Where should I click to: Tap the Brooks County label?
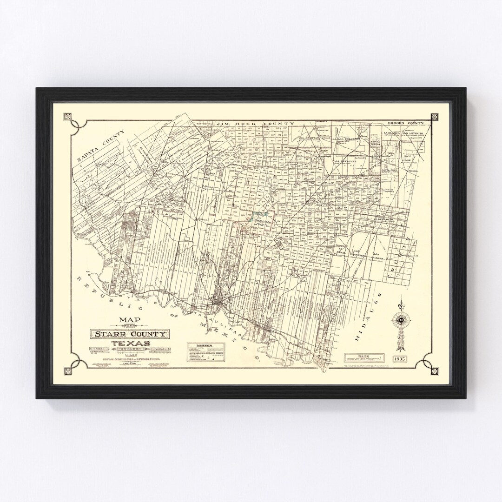coord(406,124)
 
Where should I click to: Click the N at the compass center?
coord(400,320)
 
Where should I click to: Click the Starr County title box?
coord(130,334)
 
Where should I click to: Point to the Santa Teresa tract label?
coord(375,142)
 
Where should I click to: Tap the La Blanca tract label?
coord(391,132)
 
